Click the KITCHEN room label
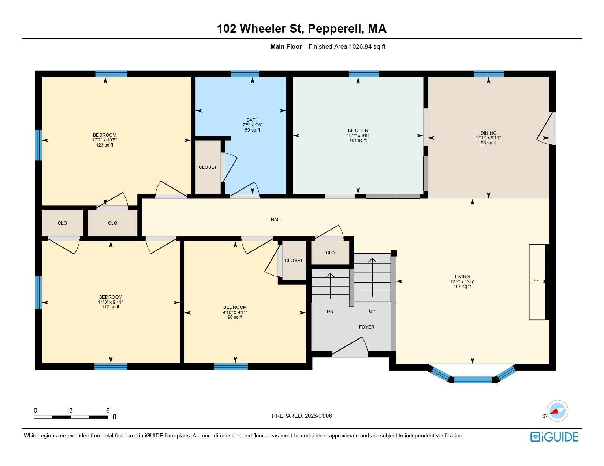[358, 130]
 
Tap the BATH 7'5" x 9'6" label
[252, 125]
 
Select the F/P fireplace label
[534, 281]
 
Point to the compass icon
[557, 411]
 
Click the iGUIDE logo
[554, 437]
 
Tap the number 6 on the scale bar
[108, 410]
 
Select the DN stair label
[330, 312]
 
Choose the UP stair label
[372, 311]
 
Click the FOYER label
[366, 327]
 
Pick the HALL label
[276, 220]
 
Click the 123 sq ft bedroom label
[104, 145]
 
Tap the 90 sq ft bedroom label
[235, 317]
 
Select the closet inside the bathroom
[208, 167]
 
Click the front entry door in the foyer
[350, 350]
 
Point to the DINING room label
[488, 133]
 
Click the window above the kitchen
[363, 74]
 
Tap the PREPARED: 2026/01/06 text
[302, 416]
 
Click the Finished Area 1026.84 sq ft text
[347, 46]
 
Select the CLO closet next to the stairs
[330, 253]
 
